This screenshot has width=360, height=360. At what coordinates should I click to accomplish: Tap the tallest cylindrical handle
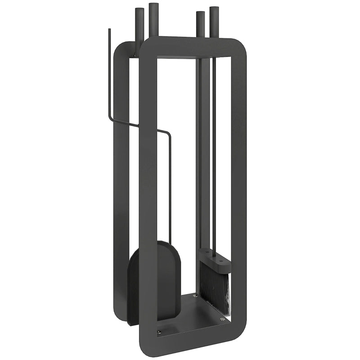click(x=153, y=20)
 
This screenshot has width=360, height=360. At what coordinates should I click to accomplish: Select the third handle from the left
click(x=199, y=25)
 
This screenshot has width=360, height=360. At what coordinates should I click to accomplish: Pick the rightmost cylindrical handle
click(x=214, y=20)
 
